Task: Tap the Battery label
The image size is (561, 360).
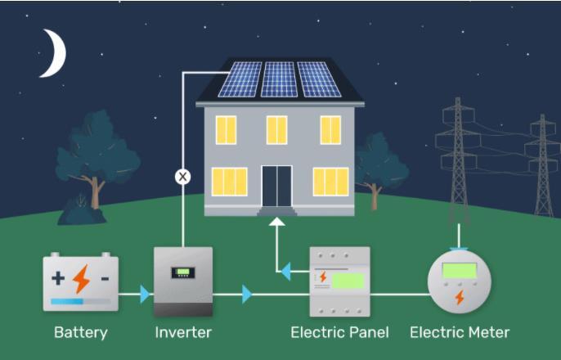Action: pyautogui.click(x=81, y=332)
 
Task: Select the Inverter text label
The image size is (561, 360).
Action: pyautogui.click(x=183, y=332)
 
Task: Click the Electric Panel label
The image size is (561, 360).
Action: pyautogui.click(x=339, y=332)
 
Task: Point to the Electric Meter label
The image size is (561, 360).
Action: pyautogui.click(x=459, y=332)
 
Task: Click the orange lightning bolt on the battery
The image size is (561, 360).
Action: pyautogui.click(x=81, y=279)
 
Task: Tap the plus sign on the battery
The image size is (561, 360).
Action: pyautogui.click(x=58, y=277)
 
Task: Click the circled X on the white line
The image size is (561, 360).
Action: pyautogui.click(x=182, y=176)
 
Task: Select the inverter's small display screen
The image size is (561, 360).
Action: pyautogui.click(x=182, y=272)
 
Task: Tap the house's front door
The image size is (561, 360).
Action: pyautogui.click(x=276, y=186)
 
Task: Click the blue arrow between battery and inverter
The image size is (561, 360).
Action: pyautogui.click(x=145, y=294)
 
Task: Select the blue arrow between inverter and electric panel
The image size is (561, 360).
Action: pyautogui.click(x=247, y=294)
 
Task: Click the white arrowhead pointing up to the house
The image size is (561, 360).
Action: pyautogui.click(x=277, y=222)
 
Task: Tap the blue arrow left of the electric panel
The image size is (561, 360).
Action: pyautogui.click(x=285, y=269)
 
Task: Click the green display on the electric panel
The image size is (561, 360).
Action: pyautogui.click(x=348, y=280)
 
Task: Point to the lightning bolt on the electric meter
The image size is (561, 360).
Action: pyautogui.click(x=460, y=297)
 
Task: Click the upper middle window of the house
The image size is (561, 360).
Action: pyautogui.click(x=277, y=130)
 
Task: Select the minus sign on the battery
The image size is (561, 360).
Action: pyautogui.click(x=105, y=278)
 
